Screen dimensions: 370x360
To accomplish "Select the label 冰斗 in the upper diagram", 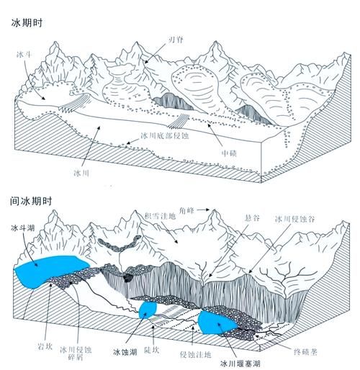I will [x=23, y=54].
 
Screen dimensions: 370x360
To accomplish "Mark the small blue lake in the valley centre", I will [x=148, y=310].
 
